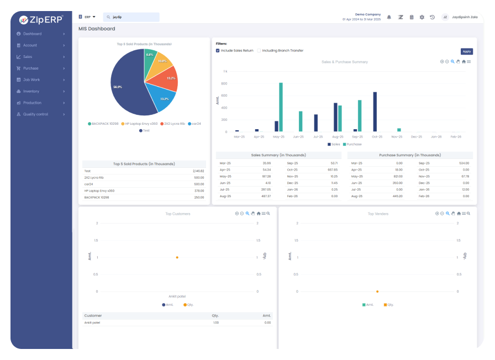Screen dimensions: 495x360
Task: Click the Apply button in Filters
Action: coord(466,51)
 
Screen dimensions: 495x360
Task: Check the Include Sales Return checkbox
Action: coord(218,50)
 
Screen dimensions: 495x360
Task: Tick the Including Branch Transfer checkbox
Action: coord(259,50)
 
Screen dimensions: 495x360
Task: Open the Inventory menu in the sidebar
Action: coord(31,91)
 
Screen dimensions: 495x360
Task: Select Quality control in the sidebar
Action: coord(35,114)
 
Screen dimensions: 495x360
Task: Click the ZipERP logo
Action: coord(41,19)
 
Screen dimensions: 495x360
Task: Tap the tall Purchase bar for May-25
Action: coord(281,107)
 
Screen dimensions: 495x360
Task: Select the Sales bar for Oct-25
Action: coord(375,112)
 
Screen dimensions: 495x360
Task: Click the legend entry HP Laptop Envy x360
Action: coord(141,124)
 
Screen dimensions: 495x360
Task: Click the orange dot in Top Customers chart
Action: coord(177,257)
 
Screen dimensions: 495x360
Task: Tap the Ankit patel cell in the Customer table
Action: coord(92,322)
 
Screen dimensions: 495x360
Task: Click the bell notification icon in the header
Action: coord(389,17)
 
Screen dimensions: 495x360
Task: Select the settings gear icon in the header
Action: coord(422,17)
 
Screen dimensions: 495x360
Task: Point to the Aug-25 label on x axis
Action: coord(338,136)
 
